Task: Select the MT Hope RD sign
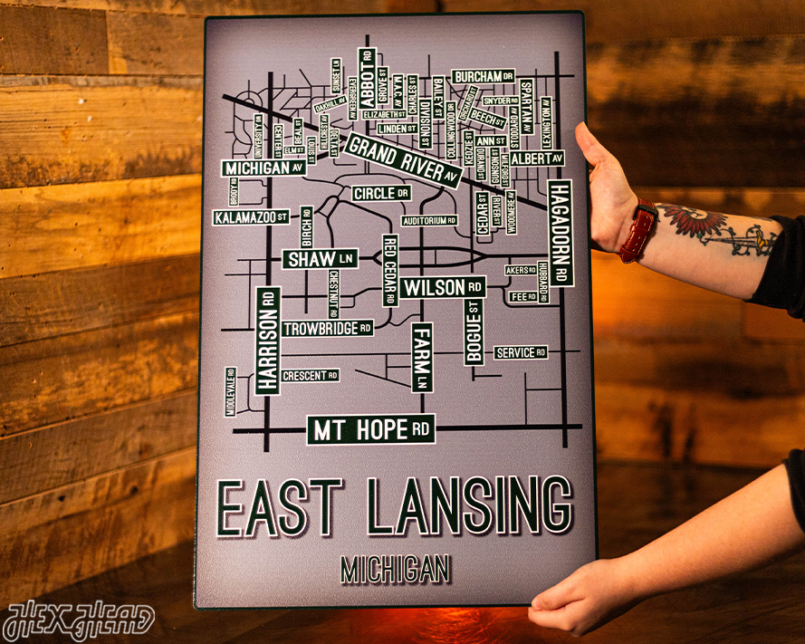coord(371,429)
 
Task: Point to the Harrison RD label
coord(266,341)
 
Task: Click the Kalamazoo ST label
coord(252,217)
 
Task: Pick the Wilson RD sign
coord(444,288)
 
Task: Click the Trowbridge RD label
coord(327,328)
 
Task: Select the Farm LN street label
coord(422,357)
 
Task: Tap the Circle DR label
coord(381,193)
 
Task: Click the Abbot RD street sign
coord(367,77)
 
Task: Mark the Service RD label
coord(520,352)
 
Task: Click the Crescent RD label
coord(310,375)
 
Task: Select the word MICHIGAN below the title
coord(396,569)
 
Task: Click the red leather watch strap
coord(638,231)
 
